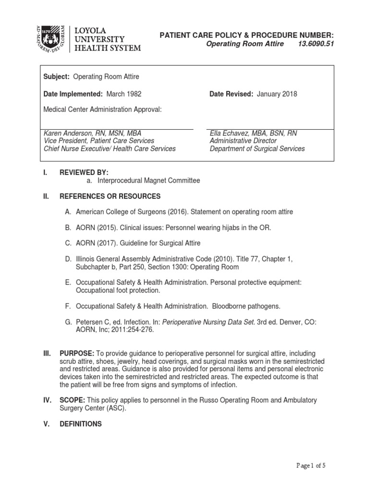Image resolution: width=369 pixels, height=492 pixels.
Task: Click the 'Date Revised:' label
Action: [x=231, y=94]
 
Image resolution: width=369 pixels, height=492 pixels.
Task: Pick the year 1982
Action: [x=133, y=94]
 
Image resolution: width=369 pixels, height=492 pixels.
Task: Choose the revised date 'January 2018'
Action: [x=277, y=94]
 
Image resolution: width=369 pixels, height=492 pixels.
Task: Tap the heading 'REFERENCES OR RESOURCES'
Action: [x=110, y=196]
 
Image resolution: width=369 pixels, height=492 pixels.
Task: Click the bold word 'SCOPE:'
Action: [x=72, y=400]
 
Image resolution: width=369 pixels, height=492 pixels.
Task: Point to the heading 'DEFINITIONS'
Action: [x=80, y=424]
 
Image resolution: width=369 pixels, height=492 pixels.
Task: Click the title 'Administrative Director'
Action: [x=243, y=141]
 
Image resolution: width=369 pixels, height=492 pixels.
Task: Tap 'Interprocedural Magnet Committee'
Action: [x=148, y=180]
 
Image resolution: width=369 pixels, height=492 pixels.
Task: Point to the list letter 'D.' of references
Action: [x=68, y=258]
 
